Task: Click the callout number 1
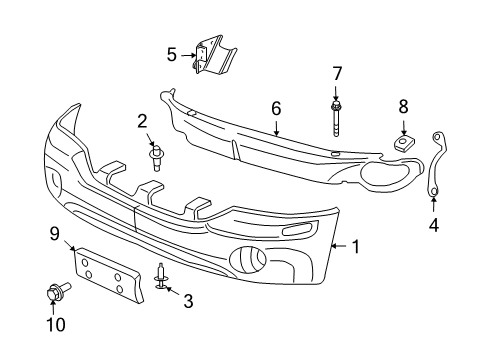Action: pyautogui.click(x=357, y=246)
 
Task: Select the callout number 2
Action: pyautogui.click(x=142, y=122)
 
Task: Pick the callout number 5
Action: pyautogui.click(x=171, y=54)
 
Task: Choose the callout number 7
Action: pyautogui.click(x=337, y=72)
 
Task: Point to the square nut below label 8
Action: pyautogui.click(x=404, y=142)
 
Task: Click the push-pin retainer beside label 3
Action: pyautogui.click(x=161, y=276)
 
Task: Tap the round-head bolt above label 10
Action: pyautogui.click(x=52, y=294)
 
